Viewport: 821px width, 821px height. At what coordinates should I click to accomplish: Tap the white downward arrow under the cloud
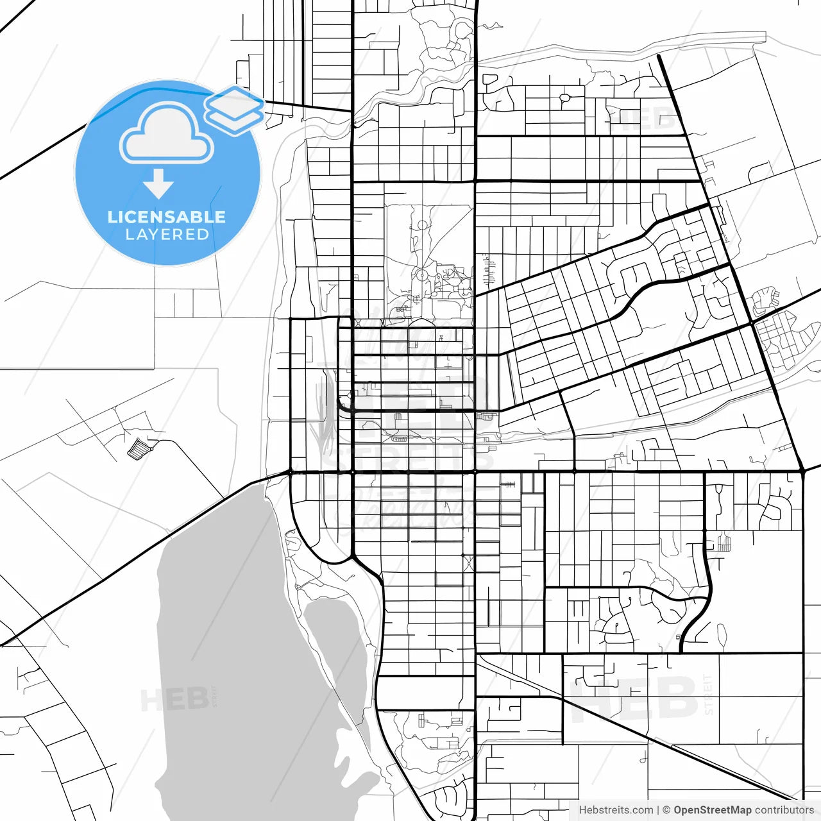click(x=158, y=185)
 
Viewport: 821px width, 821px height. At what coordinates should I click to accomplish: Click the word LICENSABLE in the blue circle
click(x=167, y=217)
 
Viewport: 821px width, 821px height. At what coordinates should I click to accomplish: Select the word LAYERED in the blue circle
click(x=167, y=235)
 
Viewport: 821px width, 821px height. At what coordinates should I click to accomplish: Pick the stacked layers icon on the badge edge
click(x=235, y=110)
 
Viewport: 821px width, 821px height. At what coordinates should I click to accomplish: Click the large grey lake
click(x=231, y=641)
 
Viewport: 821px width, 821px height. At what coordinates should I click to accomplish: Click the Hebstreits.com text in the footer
click(x=616, y=810)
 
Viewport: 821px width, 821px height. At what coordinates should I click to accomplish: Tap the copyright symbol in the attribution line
click(x=666, y=810)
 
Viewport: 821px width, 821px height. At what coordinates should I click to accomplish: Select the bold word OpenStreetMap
click(x=712, y=810)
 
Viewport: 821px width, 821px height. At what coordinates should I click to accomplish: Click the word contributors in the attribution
click(x=784, y=810)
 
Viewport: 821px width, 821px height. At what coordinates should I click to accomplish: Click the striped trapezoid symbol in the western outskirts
click(x=139, y=448)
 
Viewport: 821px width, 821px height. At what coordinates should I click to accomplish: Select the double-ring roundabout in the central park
click(x=422, y=275)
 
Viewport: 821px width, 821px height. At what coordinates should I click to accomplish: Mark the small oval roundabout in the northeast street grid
click(x=565, y=98)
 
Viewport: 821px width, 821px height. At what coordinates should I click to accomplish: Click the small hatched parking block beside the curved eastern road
click(x=724, y=543)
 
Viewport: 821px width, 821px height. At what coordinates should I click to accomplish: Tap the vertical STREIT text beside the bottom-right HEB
click(x=708, y=694)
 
